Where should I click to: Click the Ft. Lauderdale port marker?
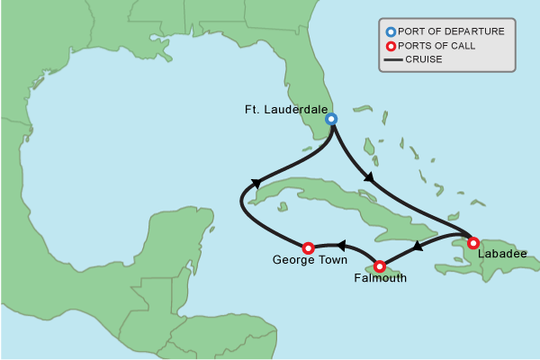pos(331,119)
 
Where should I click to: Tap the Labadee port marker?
pos(473,242)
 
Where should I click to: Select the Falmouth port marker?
pos(380,266)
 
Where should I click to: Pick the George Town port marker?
pos(308,247)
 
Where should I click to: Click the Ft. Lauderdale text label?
pos(286,109)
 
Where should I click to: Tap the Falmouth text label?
pos(379,279)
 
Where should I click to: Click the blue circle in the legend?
pos(391,31)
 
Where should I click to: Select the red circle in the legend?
pos(391,46)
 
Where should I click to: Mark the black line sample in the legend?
pos(392,60)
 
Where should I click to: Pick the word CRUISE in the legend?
pos(423,60)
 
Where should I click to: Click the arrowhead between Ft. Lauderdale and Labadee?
pos(369,179)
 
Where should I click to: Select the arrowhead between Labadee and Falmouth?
pos(418,246)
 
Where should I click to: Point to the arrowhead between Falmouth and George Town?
pos(341,244)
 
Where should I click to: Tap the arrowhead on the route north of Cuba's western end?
pos(256,183)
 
